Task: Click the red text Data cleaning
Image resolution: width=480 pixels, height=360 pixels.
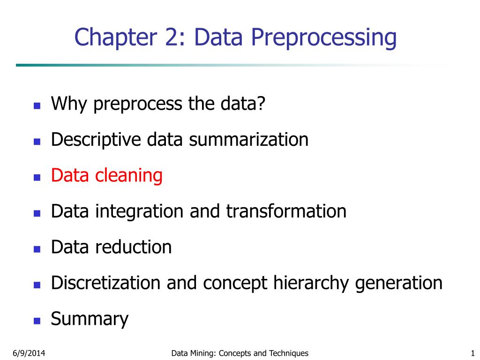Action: [107, 176]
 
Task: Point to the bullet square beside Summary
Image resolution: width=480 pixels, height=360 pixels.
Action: [37, 322]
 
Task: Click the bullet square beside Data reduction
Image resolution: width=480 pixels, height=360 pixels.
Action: [37, 249]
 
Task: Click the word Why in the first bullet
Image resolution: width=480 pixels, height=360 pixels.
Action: [69, 104]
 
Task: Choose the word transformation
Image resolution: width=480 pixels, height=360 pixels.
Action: [286, 211]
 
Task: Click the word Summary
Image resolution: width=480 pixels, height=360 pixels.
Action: [90, 320]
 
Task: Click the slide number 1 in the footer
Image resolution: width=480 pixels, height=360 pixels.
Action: [472, 353]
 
